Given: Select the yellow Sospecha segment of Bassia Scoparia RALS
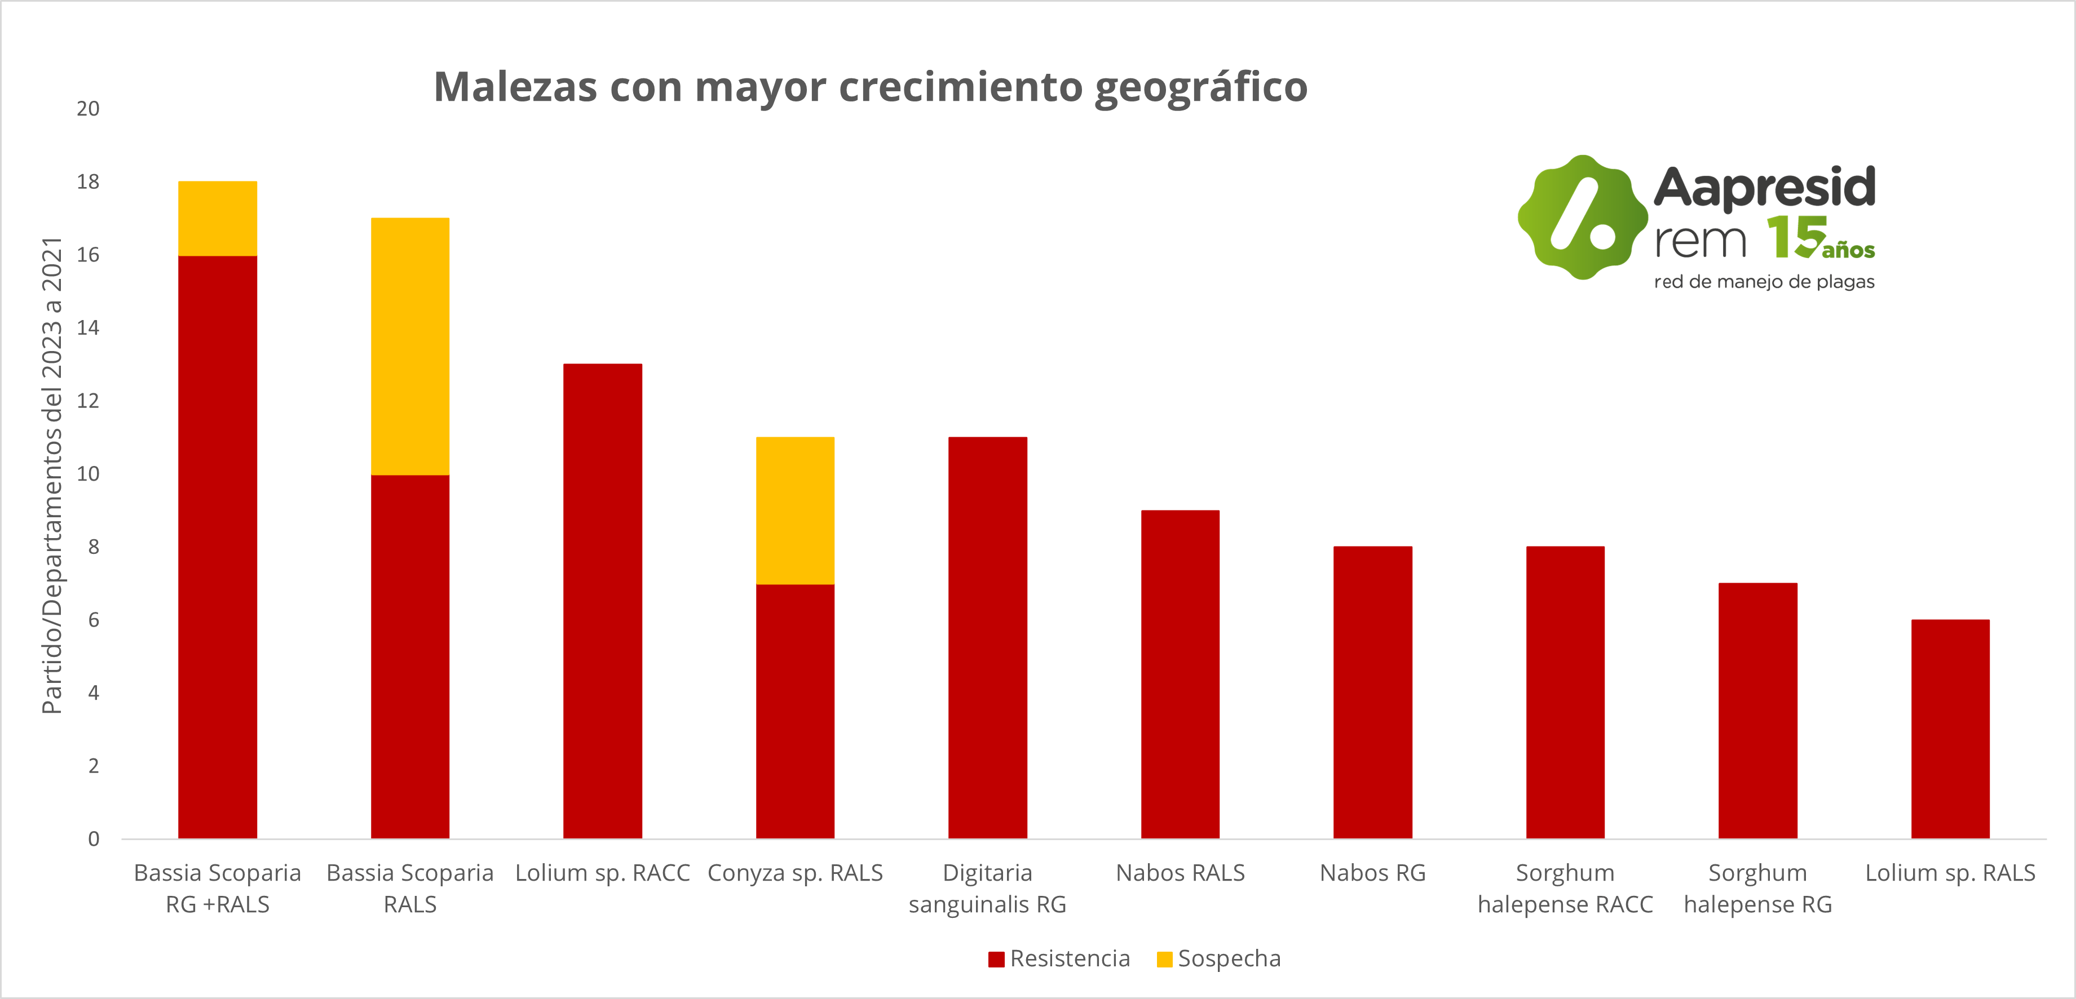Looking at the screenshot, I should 409,347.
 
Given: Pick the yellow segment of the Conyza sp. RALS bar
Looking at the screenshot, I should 794,511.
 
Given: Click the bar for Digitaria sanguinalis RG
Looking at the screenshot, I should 987,637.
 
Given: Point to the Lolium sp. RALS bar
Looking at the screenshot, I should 1950,729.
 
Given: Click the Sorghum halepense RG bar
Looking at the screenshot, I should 1757,711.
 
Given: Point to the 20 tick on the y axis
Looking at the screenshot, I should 88,109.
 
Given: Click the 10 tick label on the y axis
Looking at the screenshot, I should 88,474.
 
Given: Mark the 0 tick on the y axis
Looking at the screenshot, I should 94,838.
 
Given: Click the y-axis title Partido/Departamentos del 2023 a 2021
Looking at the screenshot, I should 51,476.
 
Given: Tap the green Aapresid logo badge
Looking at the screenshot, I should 1583,217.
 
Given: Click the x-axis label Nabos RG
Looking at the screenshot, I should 1372,873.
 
